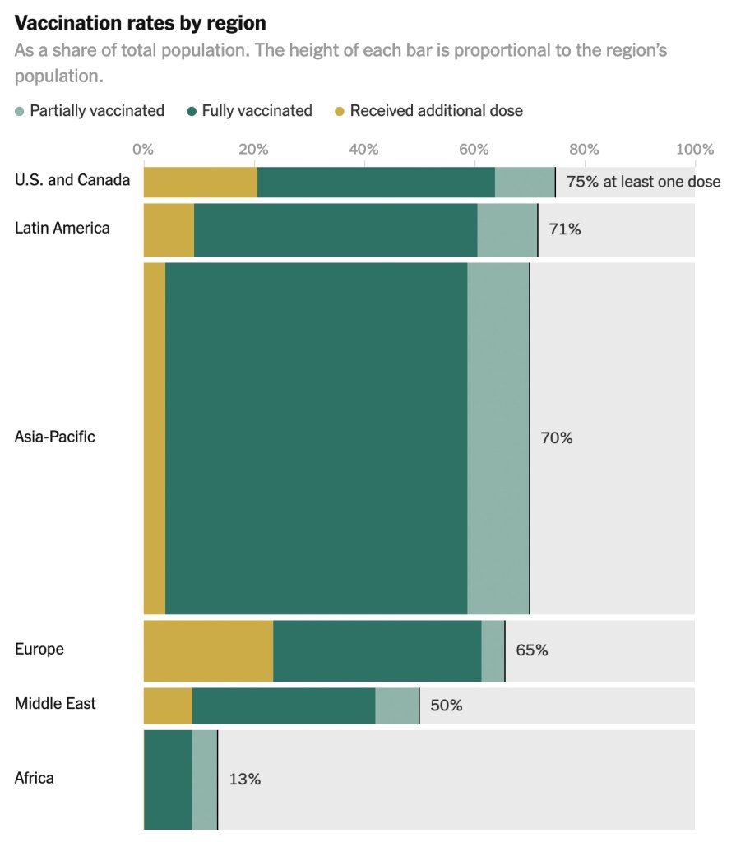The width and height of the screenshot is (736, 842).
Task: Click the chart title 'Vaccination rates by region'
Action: point(140,22)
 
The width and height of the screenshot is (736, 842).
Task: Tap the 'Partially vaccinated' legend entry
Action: point(96,110)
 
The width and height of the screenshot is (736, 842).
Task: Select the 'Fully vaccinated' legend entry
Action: point(257,110)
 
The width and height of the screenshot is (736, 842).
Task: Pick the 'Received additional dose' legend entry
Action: point(436,110)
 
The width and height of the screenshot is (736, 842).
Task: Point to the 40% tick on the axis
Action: point(363,149)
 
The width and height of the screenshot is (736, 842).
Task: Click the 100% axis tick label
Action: point(695,149)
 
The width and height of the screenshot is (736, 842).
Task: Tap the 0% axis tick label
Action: point(143,149)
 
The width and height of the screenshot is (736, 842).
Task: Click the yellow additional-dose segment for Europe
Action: point(208,651)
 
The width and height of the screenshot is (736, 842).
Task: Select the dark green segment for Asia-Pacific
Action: point(317,437)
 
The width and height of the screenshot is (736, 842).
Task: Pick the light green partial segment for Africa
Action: point(204,779)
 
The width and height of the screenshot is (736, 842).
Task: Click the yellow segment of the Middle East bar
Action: point(168,706)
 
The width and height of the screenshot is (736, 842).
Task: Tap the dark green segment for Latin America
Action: point(336,229)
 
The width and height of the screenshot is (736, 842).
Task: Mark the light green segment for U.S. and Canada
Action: point(525,182)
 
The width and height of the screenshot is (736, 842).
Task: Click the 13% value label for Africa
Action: point(244,779)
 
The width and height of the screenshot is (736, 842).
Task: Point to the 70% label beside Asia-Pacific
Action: point(556,437)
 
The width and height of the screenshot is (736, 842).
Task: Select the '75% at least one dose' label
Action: point(643,182)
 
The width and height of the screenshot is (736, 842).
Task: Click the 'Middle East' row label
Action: point(55,703)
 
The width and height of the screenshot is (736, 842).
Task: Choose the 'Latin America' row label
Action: point(62,228)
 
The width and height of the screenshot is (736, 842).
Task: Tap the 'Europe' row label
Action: point(39,649)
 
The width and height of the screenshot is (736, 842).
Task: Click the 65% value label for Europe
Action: point(531,650)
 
